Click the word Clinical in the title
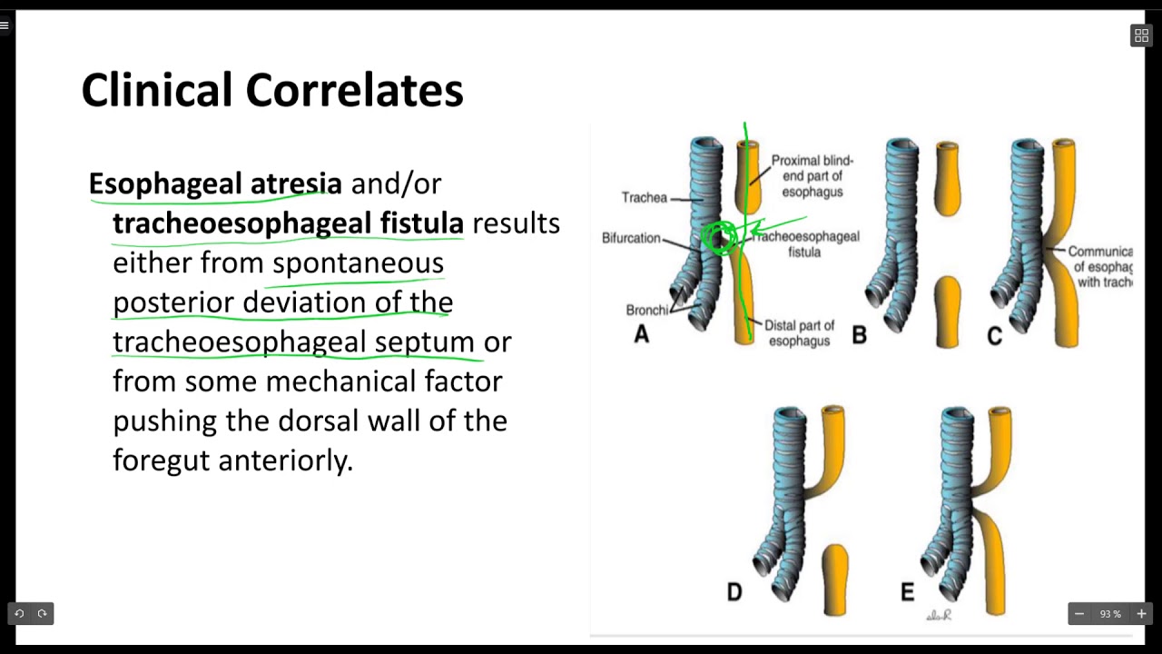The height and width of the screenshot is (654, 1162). (156, 91)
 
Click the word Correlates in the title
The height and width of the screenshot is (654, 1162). (354, 91)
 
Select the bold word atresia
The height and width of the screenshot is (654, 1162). (296, 183)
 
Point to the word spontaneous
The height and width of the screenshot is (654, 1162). (358, 263)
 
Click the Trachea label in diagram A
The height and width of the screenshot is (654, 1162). (644, 197)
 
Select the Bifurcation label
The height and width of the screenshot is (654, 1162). (631, 238)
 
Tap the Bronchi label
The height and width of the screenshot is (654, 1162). (646, 310)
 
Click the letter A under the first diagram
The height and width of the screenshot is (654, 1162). (641, 335)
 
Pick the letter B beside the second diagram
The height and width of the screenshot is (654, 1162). (859, 336)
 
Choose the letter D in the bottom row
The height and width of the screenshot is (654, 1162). (734, 593)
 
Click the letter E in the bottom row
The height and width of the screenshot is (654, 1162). (907, 593)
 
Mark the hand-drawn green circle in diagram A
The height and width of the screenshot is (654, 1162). (721, 239)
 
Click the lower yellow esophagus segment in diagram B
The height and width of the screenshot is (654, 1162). (947, 311)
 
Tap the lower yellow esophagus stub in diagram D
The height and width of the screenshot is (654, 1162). (834, 579)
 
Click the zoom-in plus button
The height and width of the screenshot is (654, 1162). (1141, 614)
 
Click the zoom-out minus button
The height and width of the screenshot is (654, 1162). (1079, 614)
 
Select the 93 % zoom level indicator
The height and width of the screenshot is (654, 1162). (1110, 614)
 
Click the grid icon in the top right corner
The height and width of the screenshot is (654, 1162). (1141, 35)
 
